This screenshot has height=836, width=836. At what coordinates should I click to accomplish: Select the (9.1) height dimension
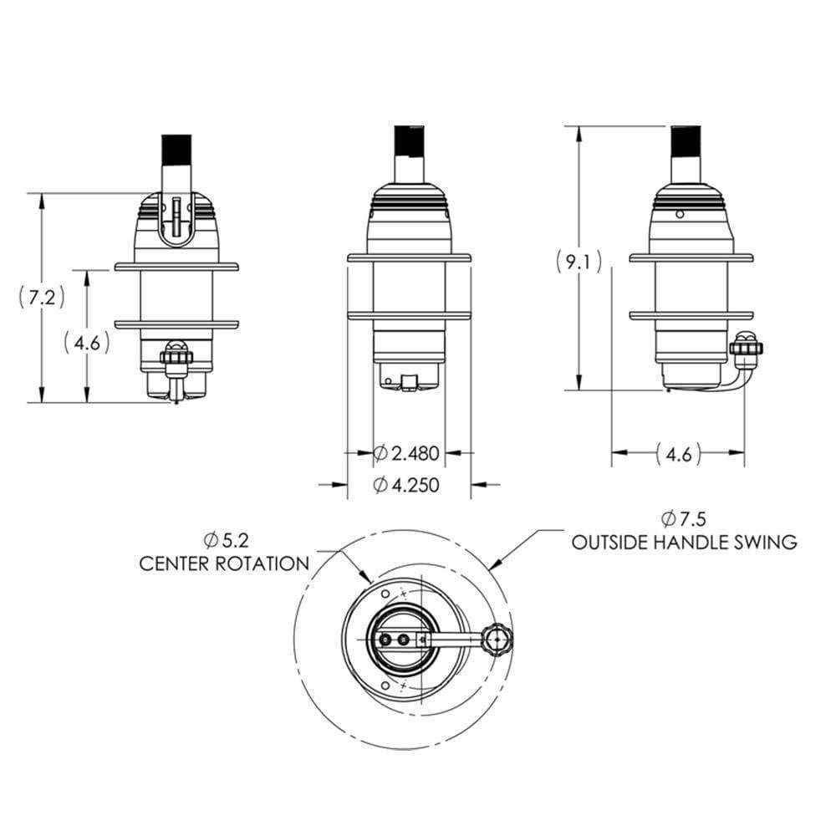(x=578, y=263)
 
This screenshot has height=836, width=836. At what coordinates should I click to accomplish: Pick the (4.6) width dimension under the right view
(x=678, y=454)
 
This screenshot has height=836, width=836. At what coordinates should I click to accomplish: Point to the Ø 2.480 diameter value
(x=408, y=453)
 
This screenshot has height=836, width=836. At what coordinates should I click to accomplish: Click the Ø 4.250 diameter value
(x=408, y=485)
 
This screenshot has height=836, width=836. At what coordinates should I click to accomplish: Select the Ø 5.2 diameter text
(x=225, y=540)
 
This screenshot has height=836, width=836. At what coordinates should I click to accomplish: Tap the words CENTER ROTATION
(x=224, y=563)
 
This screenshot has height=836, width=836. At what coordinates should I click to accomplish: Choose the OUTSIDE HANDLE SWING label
(x=684, y=543)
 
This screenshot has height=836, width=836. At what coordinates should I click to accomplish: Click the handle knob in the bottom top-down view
(x=499, y=640)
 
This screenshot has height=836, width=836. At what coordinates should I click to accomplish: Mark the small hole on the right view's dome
(x=680, y=215)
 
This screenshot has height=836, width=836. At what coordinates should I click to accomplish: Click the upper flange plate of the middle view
(x=410, y=255)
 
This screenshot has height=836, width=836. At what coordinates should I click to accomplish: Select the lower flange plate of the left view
(x=176, y=321)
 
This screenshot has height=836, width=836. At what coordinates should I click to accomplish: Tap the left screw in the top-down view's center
(x=385, y=640)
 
